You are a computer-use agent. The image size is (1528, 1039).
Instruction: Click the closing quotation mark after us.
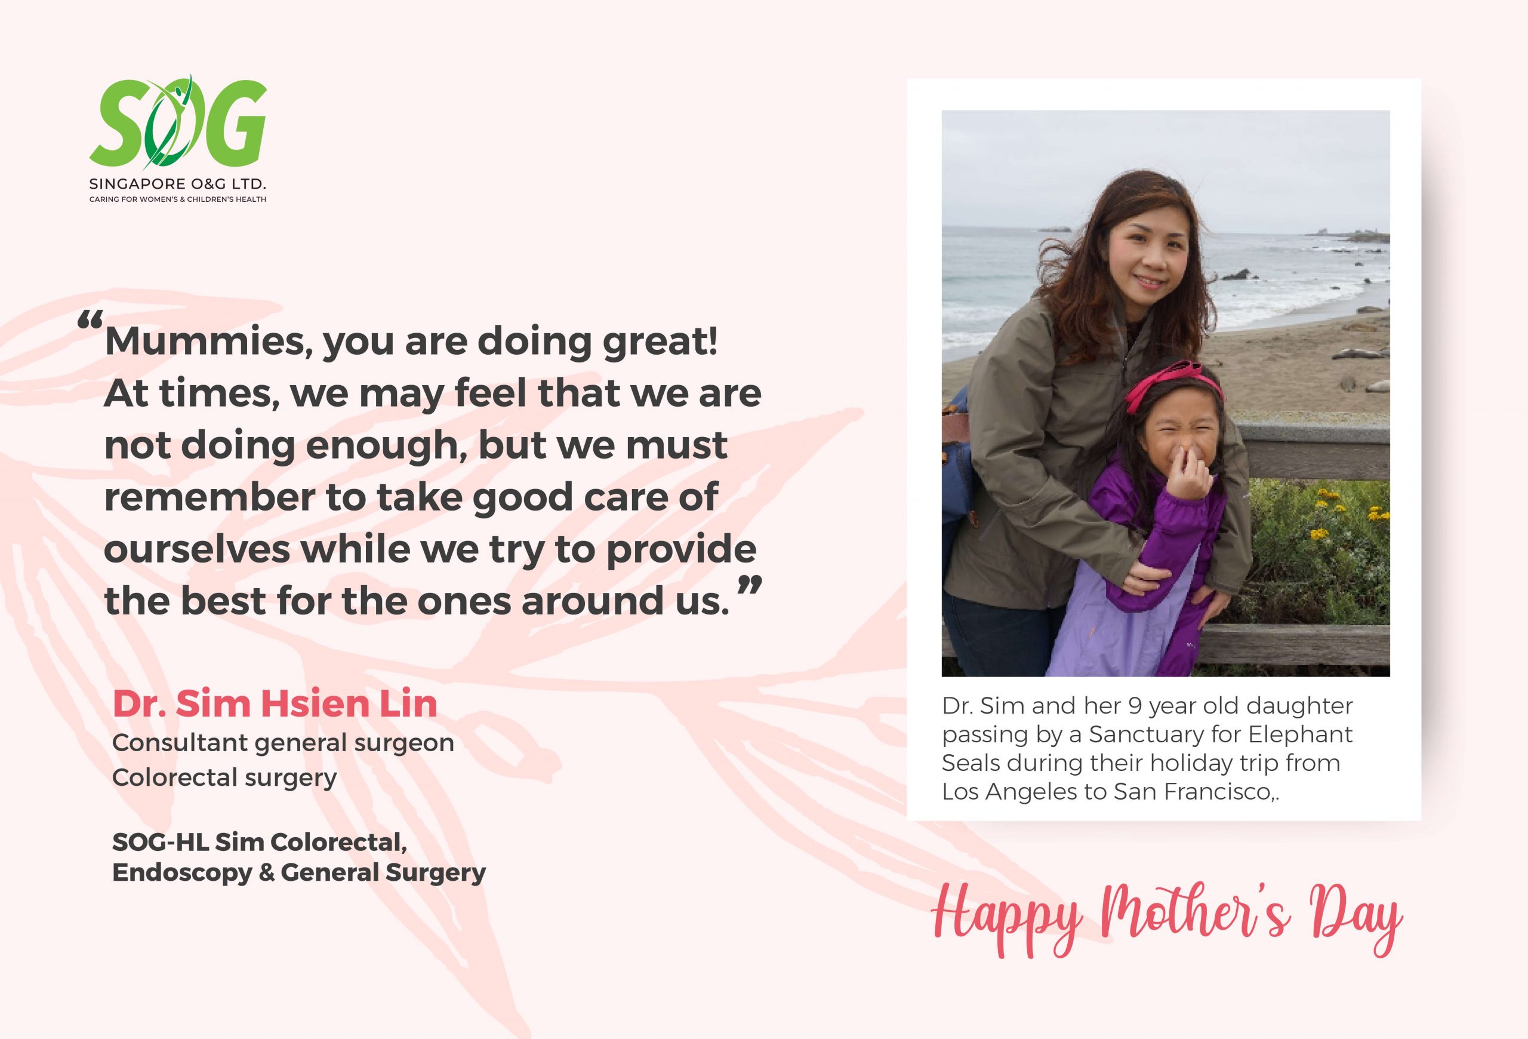coord(749,585)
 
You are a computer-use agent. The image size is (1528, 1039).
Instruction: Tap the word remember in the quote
coord(209,497)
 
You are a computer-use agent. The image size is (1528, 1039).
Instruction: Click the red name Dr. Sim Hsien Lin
coord(275,703)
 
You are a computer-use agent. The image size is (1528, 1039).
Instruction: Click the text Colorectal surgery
coord(224,778)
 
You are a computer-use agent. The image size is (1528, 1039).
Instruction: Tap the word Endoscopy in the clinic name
coord(182,873)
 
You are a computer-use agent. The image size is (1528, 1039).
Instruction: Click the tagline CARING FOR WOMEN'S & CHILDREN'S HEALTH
coord(177,199)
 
